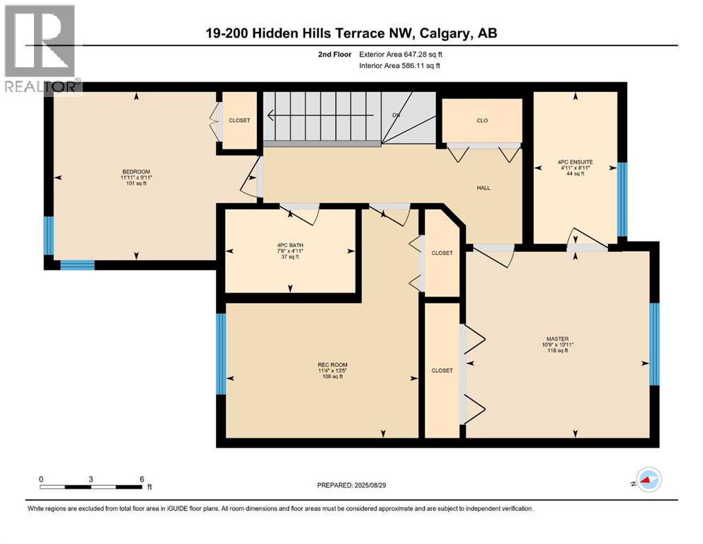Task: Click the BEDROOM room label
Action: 136,172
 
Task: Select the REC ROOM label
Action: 330,365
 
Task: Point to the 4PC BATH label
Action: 290,246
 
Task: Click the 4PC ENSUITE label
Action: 575,162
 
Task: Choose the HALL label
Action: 483,188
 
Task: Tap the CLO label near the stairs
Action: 482,120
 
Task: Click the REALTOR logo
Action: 40,50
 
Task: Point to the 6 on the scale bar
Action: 142,478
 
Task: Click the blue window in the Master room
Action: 654,344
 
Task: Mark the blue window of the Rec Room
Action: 221,353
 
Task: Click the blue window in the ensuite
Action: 622,199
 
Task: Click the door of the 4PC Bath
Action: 299,209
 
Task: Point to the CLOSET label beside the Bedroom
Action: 239,120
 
